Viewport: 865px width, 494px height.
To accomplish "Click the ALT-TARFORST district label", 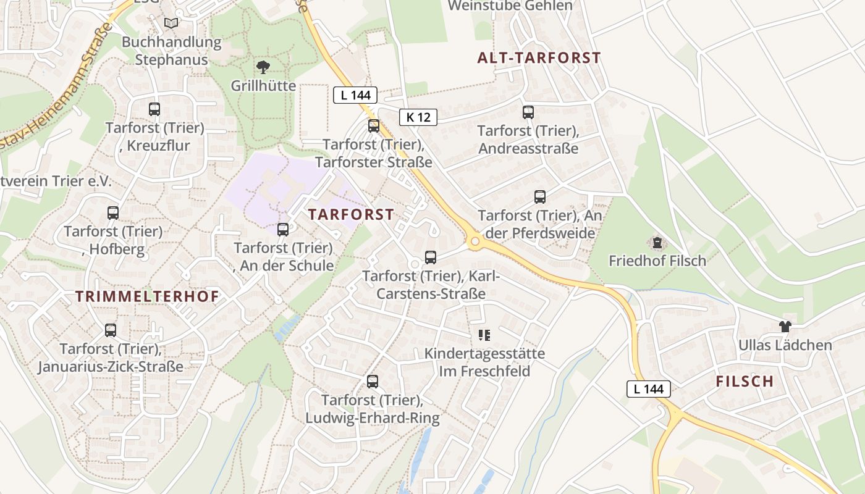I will tap(539, 58).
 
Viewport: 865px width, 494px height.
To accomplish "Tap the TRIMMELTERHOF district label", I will tap(147, 296).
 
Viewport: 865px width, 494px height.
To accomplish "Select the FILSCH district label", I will tap(745, 381).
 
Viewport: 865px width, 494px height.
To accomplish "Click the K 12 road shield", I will tap(418, 117).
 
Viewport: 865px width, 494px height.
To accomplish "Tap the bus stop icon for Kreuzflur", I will tap(154, 109).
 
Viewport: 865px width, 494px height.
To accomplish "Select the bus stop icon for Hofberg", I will tap(113, 213).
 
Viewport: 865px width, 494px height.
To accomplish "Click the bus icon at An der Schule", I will tap(283, 230).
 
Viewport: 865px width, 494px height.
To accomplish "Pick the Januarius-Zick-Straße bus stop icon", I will tap(111, 330).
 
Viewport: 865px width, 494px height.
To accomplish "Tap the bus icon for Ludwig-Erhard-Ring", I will tap(372, 382).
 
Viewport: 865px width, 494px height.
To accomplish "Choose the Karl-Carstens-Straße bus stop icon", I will tap(431, 257).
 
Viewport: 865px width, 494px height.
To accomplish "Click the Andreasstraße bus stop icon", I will tap(528, 112).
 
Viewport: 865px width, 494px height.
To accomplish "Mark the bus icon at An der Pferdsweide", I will tap(540, 197).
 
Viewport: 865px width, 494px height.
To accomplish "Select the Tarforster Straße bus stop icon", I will tap(374, 126).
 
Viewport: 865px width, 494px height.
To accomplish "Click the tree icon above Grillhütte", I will tap(263, 67).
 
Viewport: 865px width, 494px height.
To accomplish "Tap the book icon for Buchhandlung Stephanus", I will tap(171, 23).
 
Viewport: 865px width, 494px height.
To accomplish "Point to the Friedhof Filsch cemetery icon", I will tap(657, 242).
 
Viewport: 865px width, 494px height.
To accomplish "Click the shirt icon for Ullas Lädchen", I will tap(785, 327).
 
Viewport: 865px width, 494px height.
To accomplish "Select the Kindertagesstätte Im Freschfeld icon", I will tap(484, 335).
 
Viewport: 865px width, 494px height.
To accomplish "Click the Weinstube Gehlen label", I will tap(510, 6).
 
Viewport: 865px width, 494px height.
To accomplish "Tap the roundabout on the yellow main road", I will tap(475, 241).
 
